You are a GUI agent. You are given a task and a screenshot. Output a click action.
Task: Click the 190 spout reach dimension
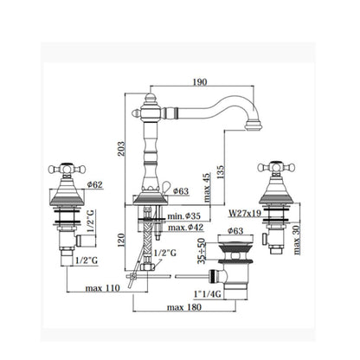click(x=200, y=82)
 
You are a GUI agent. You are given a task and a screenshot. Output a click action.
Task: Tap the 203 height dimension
click(x=121, y=149)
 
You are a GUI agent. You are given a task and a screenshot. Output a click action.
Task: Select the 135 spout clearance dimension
click(x=220, y=172)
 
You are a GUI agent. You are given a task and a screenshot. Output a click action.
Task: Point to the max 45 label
click(x=207, y=187)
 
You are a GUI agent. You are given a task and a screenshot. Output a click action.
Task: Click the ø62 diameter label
click(x=94, y=184)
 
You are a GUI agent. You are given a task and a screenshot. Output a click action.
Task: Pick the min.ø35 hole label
click(x=183, y=215)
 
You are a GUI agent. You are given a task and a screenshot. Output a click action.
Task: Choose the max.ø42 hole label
click(x=186, y=228)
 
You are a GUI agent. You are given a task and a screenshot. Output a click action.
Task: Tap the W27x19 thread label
click(x=245, y=213)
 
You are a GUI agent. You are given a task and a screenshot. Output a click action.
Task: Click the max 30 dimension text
click(x=297, y=240)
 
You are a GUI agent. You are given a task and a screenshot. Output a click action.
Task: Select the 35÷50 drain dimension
click(x=202, y=251)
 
